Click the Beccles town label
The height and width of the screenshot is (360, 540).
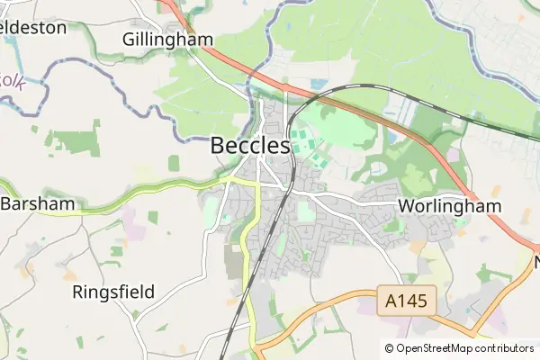click(250, 145)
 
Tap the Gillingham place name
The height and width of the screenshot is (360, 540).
click(168, 40)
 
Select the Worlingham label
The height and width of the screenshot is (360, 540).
click(449, 206)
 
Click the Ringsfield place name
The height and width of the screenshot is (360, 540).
click(113, 292)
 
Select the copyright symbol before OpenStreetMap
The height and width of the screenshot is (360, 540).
click(390, 348)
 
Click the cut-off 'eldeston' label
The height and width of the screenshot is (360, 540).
click(33, 27)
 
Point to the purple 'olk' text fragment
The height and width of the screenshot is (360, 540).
click(12, 81)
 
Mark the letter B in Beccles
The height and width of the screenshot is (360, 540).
click(219, 145)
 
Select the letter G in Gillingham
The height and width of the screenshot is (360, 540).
click(130, 40)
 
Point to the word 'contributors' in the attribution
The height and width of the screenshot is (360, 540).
click(500, 348)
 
